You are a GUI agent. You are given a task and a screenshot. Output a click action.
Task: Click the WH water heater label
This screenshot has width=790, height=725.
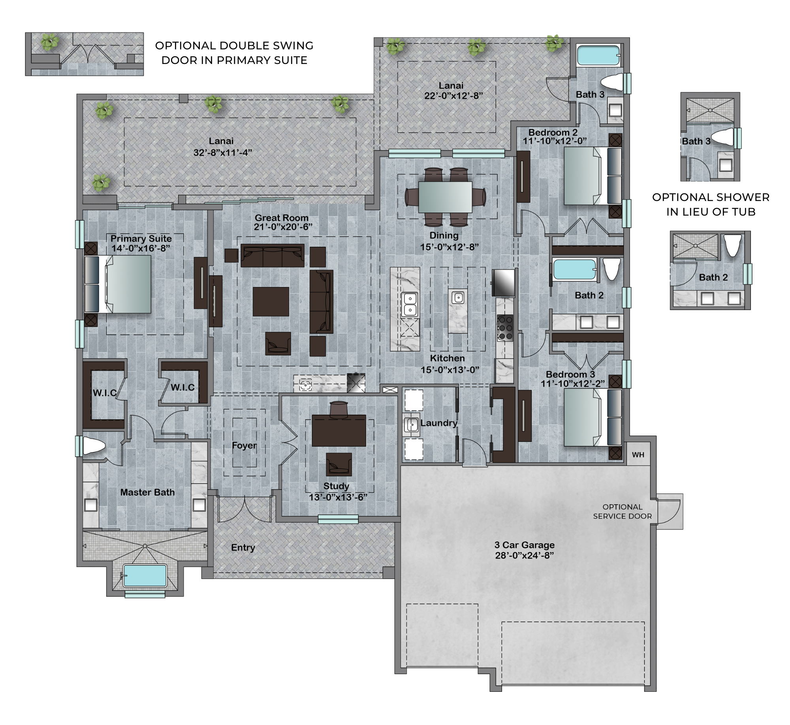tap(638, 455)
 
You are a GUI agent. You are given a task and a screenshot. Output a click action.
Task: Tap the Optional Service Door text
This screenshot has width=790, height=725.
tap(623, 511)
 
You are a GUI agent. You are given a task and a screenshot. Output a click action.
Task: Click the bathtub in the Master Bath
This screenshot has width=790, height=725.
tap(145, 575)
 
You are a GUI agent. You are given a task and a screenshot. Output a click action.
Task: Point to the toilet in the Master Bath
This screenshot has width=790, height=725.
tap(94, 446)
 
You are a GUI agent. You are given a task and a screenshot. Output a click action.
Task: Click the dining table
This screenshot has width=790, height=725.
tap(445, 197)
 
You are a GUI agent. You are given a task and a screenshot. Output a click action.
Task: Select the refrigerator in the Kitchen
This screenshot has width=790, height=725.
tap(503, 282)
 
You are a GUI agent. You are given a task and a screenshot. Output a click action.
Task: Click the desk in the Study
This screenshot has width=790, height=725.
tap(339, 430)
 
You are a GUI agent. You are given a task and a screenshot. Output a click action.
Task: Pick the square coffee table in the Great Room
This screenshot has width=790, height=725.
tap(271, 302)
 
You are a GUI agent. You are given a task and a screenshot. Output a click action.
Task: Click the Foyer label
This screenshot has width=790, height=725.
tap(244, 445)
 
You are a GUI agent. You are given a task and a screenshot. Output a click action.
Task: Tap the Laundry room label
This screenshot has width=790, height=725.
tap(438, 423)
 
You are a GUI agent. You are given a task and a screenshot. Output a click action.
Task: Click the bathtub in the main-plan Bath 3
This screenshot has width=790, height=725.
tap(598, 56)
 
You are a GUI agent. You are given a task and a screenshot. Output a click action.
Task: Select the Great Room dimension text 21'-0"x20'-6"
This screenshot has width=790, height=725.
tap(283, 227)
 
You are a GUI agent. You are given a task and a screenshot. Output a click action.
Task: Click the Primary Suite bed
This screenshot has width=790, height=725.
tap(118, 284)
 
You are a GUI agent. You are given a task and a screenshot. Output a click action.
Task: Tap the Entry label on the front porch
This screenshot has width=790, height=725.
tap(243, 548)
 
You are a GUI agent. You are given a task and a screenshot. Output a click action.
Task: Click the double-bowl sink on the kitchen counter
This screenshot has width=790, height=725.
tap(410, 304)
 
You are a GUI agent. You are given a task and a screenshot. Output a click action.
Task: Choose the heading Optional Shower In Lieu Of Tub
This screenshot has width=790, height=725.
tap(711, 205)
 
